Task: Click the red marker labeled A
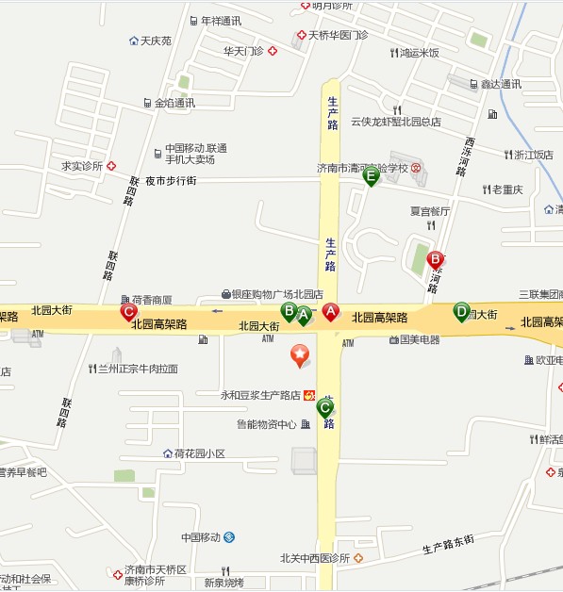[x=331, y=311]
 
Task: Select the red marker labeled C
[x=128, y=311]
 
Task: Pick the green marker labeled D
[x=461, y=310]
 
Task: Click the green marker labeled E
[x=371, y=175]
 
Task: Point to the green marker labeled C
[x=325, y=408]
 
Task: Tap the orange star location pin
[x=299, y=356]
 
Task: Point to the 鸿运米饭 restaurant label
[x=419, y=53]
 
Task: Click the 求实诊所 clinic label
[x=82, y=166]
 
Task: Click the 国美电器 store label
[x=419, y=339]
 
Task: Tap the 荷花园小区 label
[x=199, y=453]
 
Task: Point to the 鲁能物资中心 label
[x=266, y=424]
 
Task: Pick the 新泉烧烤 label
[x=224, y=582]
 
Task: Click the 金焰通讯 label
[x=174, y=103]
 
